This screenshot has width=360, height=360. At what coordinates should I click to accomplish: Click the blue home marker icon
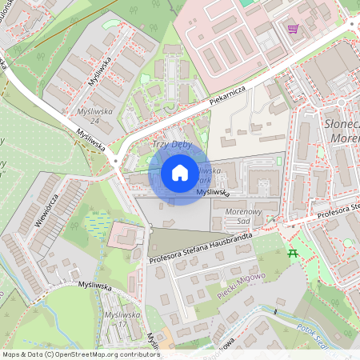(x=180, y=173)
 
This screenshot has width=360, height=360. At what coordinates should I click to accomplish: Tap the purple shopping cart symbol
(x=294, y=29)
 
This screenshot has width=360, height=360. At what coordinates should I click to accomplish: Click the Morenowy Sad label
(x=245, y=216)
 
